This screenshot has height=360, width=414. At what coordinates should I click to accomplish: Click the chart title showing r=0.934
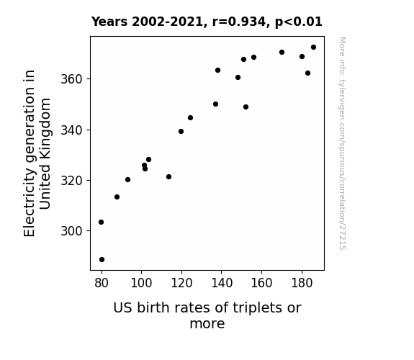pyautogui.click(x=207, y=22)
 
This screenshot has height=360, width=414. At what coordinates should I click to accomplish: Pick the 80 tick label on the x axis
pyautogui.click(x=102, y=283)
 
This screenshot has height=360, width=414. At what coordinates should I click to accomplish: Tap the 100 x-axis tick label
pyautogui.click(x=141, y=283)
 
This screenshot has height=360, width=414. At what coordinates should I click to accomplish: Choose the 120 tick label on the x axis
pyautogui.click(x=181, y=283)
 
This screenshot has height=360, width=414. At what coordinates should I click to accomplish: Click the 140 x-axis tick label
pyautogui.click(x=222, y=283)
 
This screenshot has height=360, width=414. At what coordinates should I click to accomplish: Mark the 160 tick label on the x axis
pyautogui.click(x=261, y=283)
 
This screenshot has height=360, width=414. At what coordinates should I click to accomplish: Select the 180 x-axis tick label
pyautogui.click(x=302, y=283)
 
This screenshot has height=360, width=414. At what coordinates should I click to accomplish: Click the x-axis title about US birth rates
pyautogui.click(x=207, y=315)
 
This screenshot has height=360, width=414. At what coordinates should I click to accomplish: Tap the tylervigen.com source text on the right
pyautogui.click(x=342, y=143)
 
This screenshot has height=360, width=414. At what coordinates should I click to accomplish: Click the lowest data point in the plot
pyautogui.click(x=102, y=260)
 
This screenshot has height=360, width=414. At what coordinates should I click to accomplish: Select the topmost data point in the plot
pyautogui.click(x=313, y=48)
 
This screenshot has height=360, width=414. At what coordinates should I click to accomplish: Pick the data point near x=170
pyautogui.click(x=282, y=53)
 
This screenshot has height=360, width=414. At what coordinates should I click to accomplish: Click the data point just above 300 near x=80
pyautogui.click(x=101, y=222)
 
